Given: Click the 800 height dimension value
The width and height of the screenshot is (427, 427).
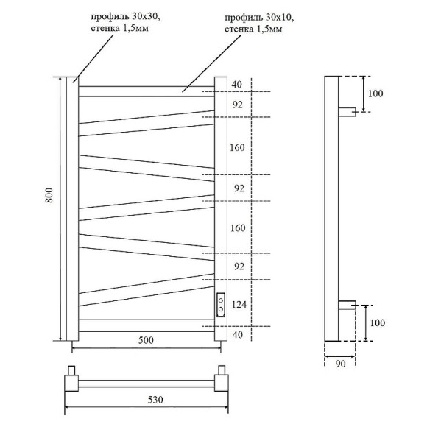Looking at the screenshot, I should [49, 195].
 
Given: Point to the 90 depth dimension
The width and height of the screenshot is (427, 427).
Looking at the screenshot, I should [341, 363].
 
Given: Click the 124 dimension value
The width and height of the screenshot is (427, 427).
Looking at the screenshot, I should [238, 304].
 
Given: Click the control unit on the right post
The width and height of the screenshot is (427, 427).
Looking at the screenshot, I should [221, 304].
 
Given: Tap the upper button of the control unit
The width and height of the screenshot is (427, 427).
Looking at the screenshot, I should [221, 299].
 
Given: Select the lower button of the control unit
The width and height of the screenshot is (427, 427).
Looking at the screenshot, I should [221, 309].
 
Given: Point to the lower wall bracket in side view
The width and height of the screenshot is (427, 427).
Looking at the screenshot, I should [347, 304].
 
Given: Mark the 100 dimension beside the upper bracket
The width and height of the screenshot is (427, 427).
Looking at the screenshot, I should [376, 93].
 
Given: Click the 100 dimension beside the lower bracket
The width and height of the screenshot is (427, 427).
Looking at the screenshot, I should [376, 322].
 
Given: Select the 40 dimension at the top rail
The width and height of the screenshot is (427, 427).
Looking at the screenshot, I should [236, 85].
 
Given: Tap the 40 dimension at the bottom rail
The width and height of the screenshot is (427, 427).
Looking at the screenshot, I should [237, 334].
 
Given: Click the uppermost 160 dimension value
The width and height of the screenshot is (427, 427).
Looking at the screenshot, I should [237, 147].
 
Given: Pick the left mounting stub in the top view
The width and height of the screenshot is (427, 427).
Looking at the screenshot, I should [72, 370].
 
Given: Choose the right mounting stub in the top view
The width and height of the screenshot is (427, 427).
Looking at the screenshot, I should [220, 370].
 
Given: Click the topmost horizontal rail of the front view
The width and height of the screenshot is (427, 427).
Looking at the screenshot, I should [146, 91].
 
